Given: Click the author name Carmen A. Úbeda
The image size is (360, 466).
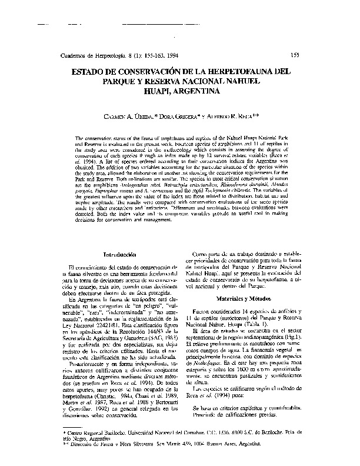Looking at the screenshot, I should click(x=121, y=118).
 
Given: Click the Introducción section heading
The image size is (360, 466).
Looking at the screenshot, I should click(x=121, y=254).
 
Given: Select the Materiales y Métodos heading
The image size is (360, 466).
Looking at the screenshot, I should click(x=248, y=299).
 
